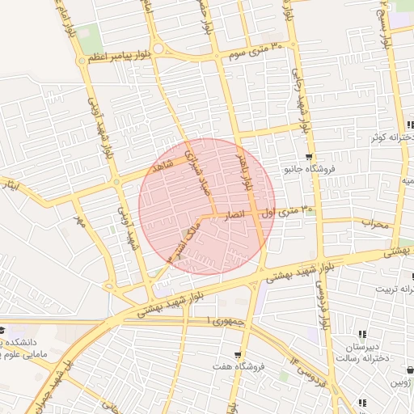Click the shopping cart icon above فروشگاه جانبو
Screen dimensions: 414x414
tap(308, 157)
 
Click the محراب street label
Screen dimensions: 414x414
tap(375, 222)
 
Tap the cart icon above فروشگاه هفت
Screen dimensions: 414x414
tap(237, 355)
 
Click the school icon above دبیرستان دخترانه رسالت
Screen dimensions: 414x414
tap(362, 334)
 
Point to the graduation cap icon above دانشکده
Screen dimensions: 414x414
tap(2, 330)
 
